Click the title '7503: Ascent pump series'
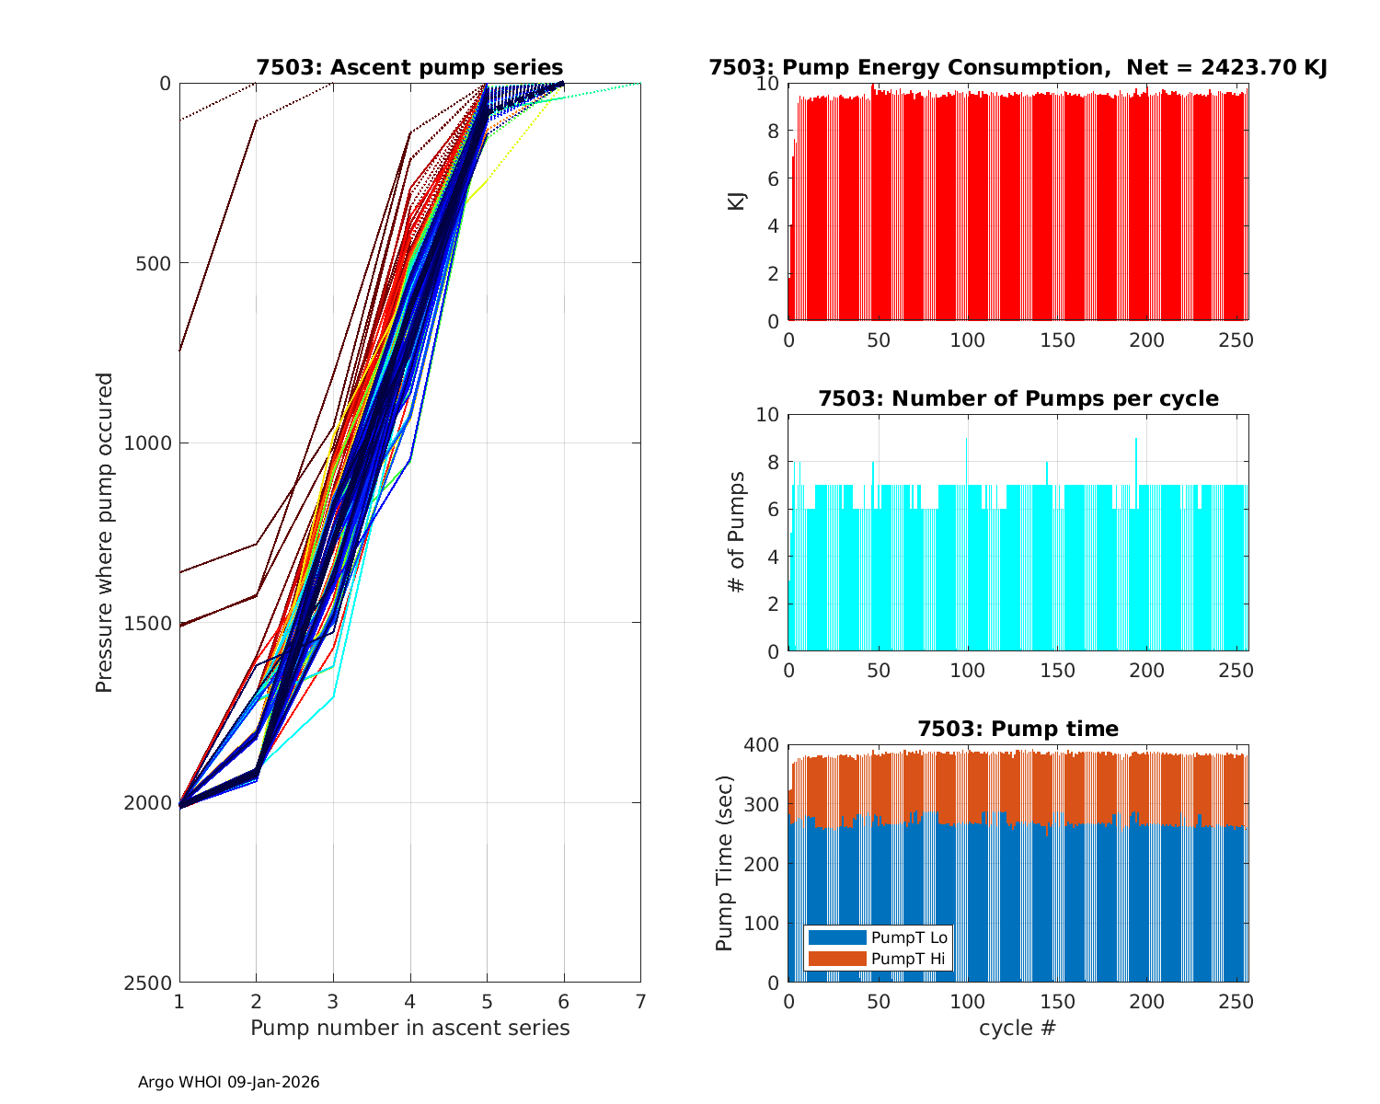coord(409,67)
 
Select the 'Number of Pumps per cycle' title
coord(1018,398)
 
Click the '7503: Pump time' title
coord(1018,729)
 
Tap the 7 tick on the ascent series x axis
coord(640,1000)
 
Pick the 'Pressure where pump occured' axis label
coord(104,533)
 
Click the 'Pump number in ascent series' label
coord(409,1028)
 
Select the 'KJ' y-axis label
coord(737,201)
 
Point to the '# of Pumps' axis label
coord(737,533)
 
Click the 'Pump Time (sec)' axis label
coord(724,863)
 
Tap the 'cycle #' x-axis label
coord(1018,1028)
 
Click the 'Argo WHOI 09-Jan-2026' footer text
coord(228,1082)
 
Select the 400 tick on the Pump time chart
coord(765,744)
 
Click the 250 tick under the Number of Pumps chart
coord(1236,671)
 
